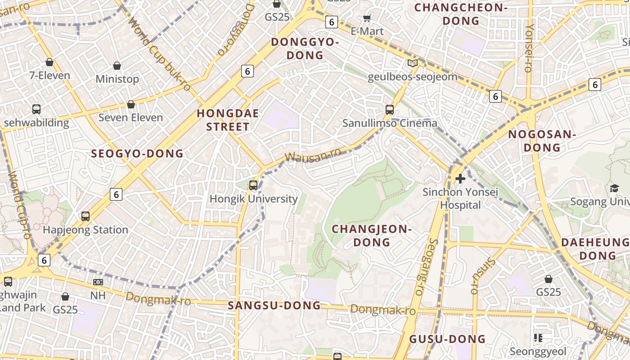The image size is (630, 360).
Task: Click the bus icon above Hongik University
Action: tap(253, 185)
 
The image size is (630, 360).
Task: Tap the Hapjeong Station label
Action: tap(85, 230)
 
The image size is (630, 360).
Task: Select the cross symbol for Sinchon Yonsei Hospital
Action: tap(460, 179)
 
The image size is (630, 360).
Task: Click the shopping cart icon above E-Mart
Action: tap(367, 18)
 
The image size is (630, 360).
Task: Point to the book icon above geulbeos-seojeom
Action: tap(413, 63)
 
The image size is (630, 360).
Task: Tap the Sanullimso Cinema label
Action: tap(390, 123)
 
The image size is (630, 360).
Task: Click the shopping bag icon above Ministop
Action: tap(117, 66)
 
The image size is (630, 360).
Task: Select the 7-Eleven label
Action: tap(49, 75)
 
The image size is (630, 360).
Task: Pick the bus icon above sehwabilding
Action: tap(36, 109)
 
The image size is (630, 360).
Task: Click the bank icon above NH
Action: tap(98, 282)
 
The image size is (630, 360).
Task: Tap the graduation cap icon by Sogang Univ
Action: tap(614, 188)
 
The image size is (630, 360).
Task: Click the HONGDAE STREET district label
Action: tap(228, 120)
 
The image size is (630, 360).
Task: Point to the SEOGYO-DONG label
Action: tap(137, 154)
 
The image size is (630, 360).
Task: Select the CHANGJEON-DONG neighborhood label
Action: tap(372, 235)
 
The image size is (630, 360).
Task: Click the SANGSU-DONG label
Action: tap(274, 306)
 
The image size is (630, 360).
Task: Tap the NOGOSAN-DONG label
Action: tap(542, 141)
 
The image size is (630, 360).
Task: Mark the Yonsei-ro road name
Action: tap(529, 48)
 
